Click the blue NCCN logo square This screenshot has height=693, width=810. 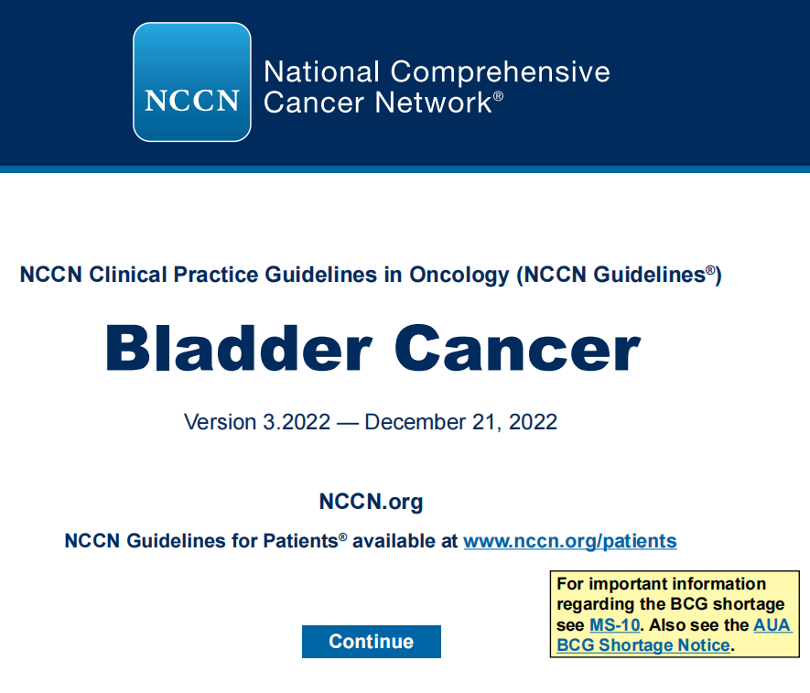[192, 81]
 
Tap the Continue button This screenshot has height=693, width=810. [372, 642]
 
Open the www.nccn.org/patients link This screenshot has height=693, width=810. [570, 541]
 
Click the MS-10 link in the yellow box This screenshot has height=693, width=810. [615, 624]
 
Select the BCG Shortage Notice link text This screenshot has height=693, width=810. [643, 645]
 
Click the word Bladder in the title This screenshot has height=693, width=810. [239, 348]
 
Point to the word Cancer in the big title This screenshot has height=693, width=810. [518, 348]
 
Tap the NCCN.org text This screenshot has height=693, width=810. [371, 502]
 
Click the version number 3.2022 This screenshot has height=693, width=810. [297, 422]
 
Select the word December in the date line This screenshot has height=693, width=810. [416, 422]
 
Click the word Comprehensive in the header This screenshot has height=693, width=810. [500, 71]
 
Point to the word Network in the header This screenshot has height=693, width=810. [434, 102]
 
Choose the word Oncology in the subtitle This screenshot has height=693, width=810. [459, 275]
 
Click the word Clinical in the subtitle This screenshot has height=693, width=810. [127, 275]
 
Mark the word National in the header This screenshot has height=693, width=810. [322, 71]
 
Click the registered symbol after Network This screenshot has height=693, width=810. [498, 95]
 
